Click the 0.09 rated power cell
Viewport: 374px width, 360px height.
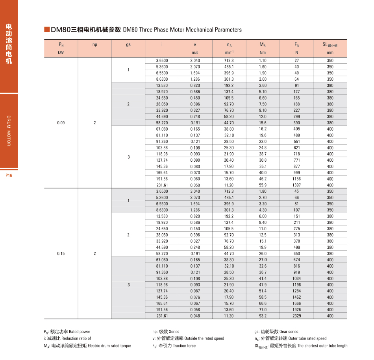[61, 123]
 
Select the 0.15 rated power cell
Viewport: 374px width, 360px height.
[61, 254]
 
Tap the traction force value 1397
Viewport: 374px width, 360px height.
[296, 185]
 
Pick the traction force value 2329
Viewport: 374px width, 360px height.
[296, 316]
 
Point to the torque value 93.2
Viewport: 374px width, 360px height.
[263, 316]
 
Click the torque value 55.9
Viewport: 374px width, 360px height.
[263, 185]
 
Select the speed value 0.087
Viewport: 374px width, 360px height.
[195, 291]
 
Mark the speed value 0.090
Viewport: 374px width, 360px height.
[195, 160]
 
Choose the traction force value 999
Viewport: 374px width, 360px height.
[296, 173]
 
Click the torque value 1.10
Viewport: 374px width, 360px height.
[263, 61]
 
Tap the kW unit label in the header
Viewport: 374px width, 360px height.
[61, 52]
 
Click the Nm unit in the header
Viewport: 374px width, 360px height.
[263, 52]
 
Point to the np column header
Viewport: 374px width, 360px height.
[95, 44]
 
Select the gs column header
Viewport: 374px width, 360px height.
[128, 44]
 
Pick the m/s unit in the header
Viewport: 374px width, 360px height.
[195, 52]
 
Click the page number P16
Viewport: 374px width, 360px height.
[9, 175]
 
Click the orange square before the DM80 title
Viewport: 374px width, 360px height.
[47, 30]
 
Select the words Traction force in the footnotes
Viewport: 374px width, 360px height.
[185, 346]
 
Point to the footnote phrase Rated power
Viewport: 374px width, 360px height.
[80, 332]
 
